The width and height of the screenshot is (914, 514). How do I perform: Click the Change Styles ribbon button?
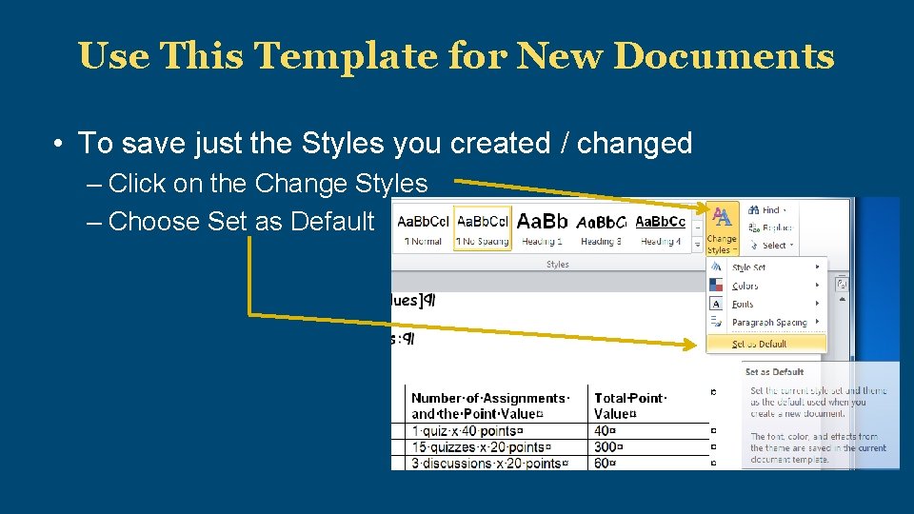pos(722,229)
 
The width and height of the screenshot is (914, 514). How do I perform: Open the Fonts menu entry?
pos(743,305)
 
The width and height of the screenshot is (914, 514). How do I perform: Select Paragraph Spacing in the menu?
pos(768,323)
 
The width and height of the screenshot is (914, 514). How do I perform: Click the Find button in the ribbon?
pos(765,209)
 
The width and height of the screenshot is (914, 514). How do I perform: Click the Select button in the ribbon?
pos(771,245)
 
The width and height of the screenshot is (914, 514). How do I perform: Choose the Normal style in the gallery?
pos(423,229)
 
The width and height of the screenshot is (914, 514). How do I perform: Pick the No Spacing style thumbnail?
pos(483,229)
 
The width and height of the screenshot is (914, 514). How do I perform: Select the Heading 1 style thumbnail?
pos(542,229)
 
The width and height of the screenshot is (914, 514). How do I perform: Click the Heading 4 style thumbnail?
pos(660,229)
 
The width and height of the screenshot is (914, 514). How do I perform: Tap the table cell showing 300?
pos(608,447)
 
